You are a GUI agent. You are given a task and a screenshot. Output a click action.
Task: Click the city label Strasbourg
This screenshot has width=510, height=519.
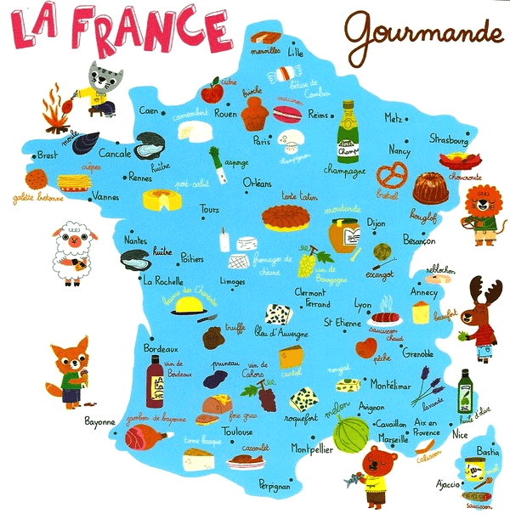coord(448,139)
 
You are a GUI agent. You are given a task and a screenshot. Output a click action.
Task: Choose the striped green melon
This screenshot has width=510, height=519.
coord(348,434)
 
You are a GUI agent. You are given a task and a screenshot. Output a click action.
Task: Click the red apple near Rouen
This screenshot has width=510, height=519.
coord(212,89)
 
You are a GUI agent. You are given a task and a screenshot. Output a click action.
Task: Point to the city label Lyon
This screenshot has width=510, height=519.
coord(362,304)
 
